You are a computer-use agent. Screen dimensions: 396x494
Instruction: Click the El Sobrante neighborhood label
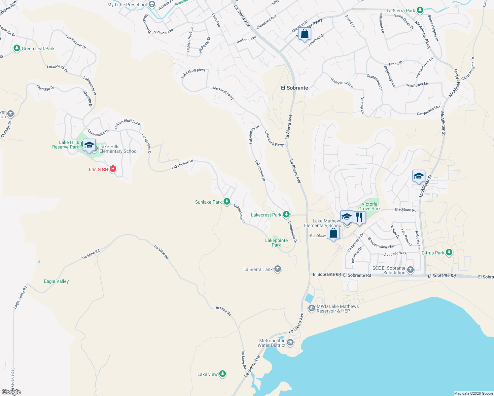tap(294, 88)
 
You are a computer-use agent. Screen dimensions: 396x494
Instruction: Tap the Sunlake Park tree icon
tap(227, 201)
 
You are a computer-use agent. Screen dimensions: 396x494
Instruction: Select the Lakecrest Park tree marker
tap(286, 214)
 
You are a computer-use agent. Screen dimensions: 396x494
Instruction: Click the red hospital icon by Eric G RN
tap(113, 169)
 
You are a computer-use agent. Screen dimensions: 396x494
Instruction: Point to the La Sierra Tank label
tap(258, 269)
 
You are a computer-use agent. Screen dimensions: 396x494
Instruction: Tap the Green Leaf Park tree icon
tap(17, 49)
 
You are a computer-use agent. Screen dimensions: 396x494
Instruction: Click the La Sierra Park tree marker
tap(420, 11)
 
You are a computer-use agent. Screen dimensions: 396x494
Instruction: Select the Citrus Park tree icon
tap(448, 252)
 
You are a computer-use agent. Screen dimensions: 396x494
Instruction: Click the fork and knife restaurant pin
tap(359, 217)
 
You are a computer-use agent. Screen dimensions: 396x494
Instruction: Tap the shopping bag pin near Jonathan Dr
tap(304, 34)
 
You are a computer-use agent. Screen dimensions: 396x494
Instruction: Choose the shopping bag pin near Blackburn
tap(333, 233)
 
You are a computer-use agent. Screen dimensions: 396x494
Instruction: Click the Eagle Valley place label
tap(56, 281)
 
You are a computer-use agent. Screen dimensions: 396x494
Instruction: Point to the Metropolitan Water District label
tap(272, 343)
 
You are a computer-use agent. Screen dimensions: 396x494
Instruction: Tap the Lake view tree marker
tap(223, 374)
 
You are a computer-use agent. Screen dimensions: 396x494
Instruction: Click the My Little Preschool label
tap(127, 5)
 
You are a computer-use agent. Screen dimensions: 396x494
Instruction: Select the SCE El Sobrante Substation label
tap(389, 270)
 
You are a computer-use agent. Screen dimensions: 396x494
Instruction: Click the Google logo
tap(11, 392)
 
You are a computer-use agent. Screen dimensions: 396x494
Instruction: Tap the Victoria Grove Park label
tap(369, 206)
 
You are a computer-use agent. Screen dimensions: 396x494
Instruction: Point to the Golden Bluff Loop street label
tap(127, 124)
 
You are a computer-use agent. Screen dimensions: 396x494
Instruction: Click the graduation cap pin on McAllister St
tap(418, 176)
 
